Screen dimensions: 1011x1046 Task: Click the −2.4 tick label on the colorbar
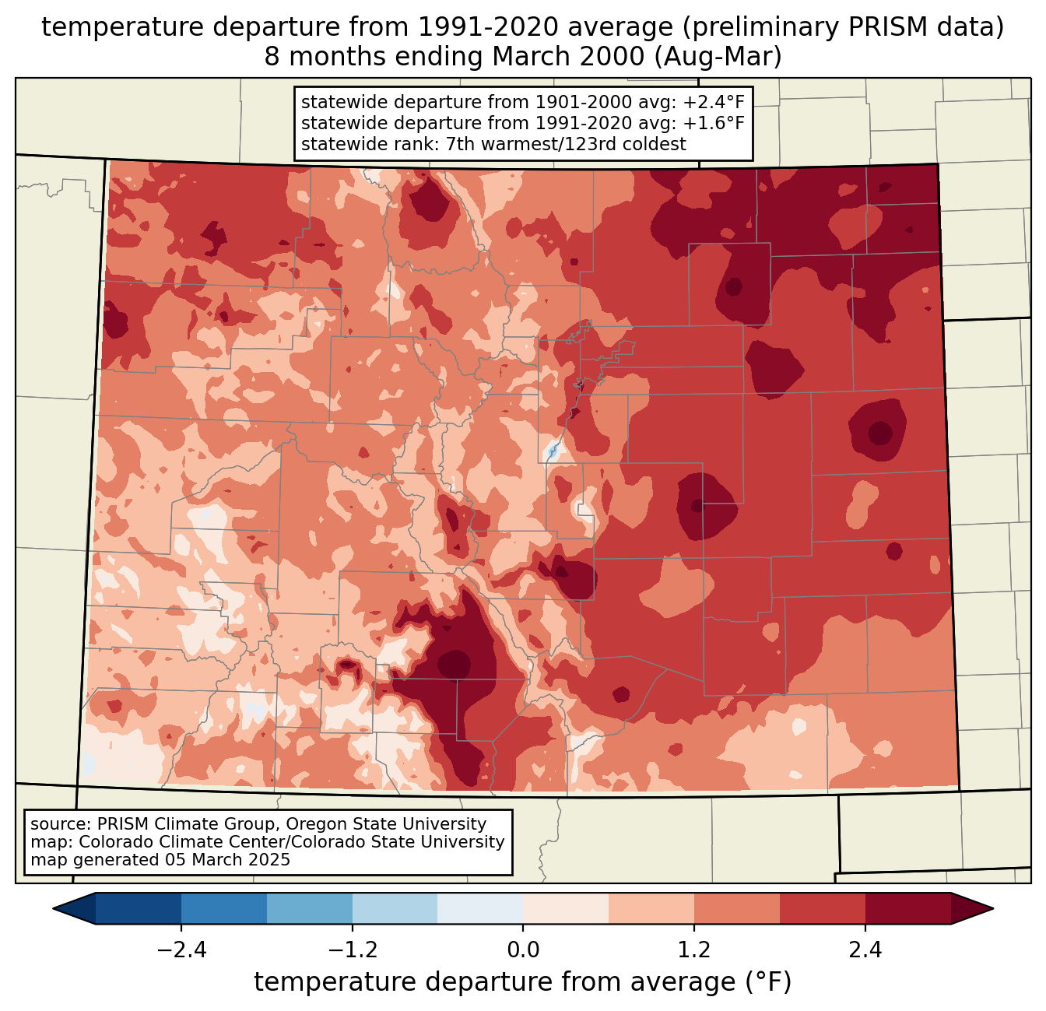(181, 950)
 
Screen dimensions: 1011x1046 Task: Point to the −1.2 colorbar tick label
(352, 950)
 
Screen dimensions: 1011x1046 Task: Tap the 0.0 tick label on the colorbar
(523, 950)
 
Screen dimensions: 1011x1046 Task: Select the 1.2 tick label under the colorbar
(694, 950)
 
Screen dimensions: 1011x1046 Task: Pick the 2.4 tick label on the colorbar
(865, 950)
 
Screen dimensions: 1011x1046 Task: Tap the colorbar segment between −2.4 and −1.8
(224, 908)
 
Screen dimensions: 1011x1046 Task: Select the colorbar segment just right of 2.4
(907, 908)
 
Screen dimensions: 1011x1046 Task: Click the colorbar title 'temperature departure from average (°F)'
(523, 982)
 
